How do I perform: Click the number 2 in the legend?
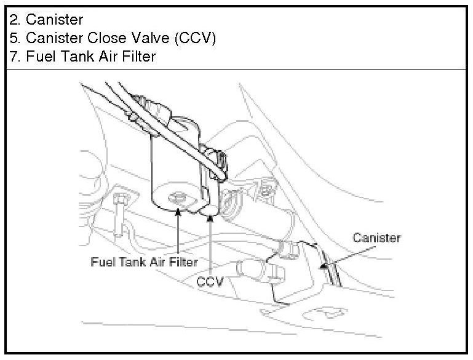point(14,21)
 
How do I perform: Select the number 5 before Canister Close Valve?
point(14,39)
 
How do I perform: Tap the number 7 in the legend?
point(14,57)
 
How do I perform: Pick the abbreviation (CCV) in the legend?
point(195,39)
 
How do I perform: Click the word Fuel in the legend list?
point(39,57)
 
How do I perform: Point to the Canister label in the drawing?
point(376,238)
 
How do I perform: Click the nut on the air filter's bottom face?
point(178,197)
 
